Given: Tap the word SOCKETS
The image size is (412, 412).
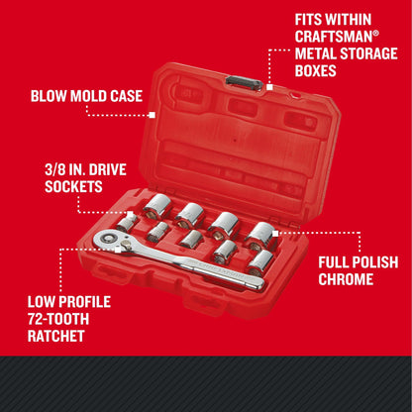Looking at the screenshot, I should click(x=62, y=186).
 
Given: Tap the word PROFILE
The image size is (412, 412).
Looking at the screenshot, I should click(x=81, y=302).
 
